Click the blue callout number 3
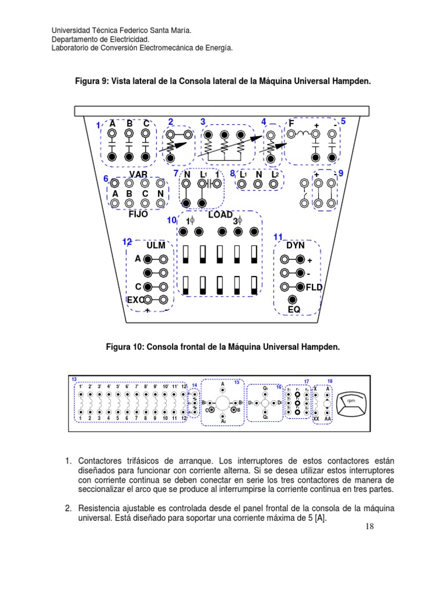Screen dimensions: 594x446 203,121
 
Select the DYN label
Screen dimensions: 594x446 295,245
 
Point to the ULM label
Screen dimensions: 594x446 156,245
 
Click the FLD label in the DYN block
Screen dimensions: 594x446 314,287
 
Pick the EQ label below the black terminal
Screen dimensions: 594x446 294,310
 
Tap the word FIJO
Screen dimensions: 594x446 138,214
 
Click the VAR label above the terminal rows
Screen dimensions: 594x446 138,175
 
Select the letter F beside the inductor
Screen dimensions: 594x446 292,123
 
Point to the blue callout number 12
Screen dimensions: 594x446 127,241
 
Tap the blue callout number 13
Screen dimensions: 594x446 74,379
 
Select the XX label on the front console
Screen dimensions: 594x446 316,418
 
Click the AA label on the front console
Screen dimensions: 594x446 328,418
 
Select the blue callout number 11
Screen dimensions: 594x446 278,237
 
